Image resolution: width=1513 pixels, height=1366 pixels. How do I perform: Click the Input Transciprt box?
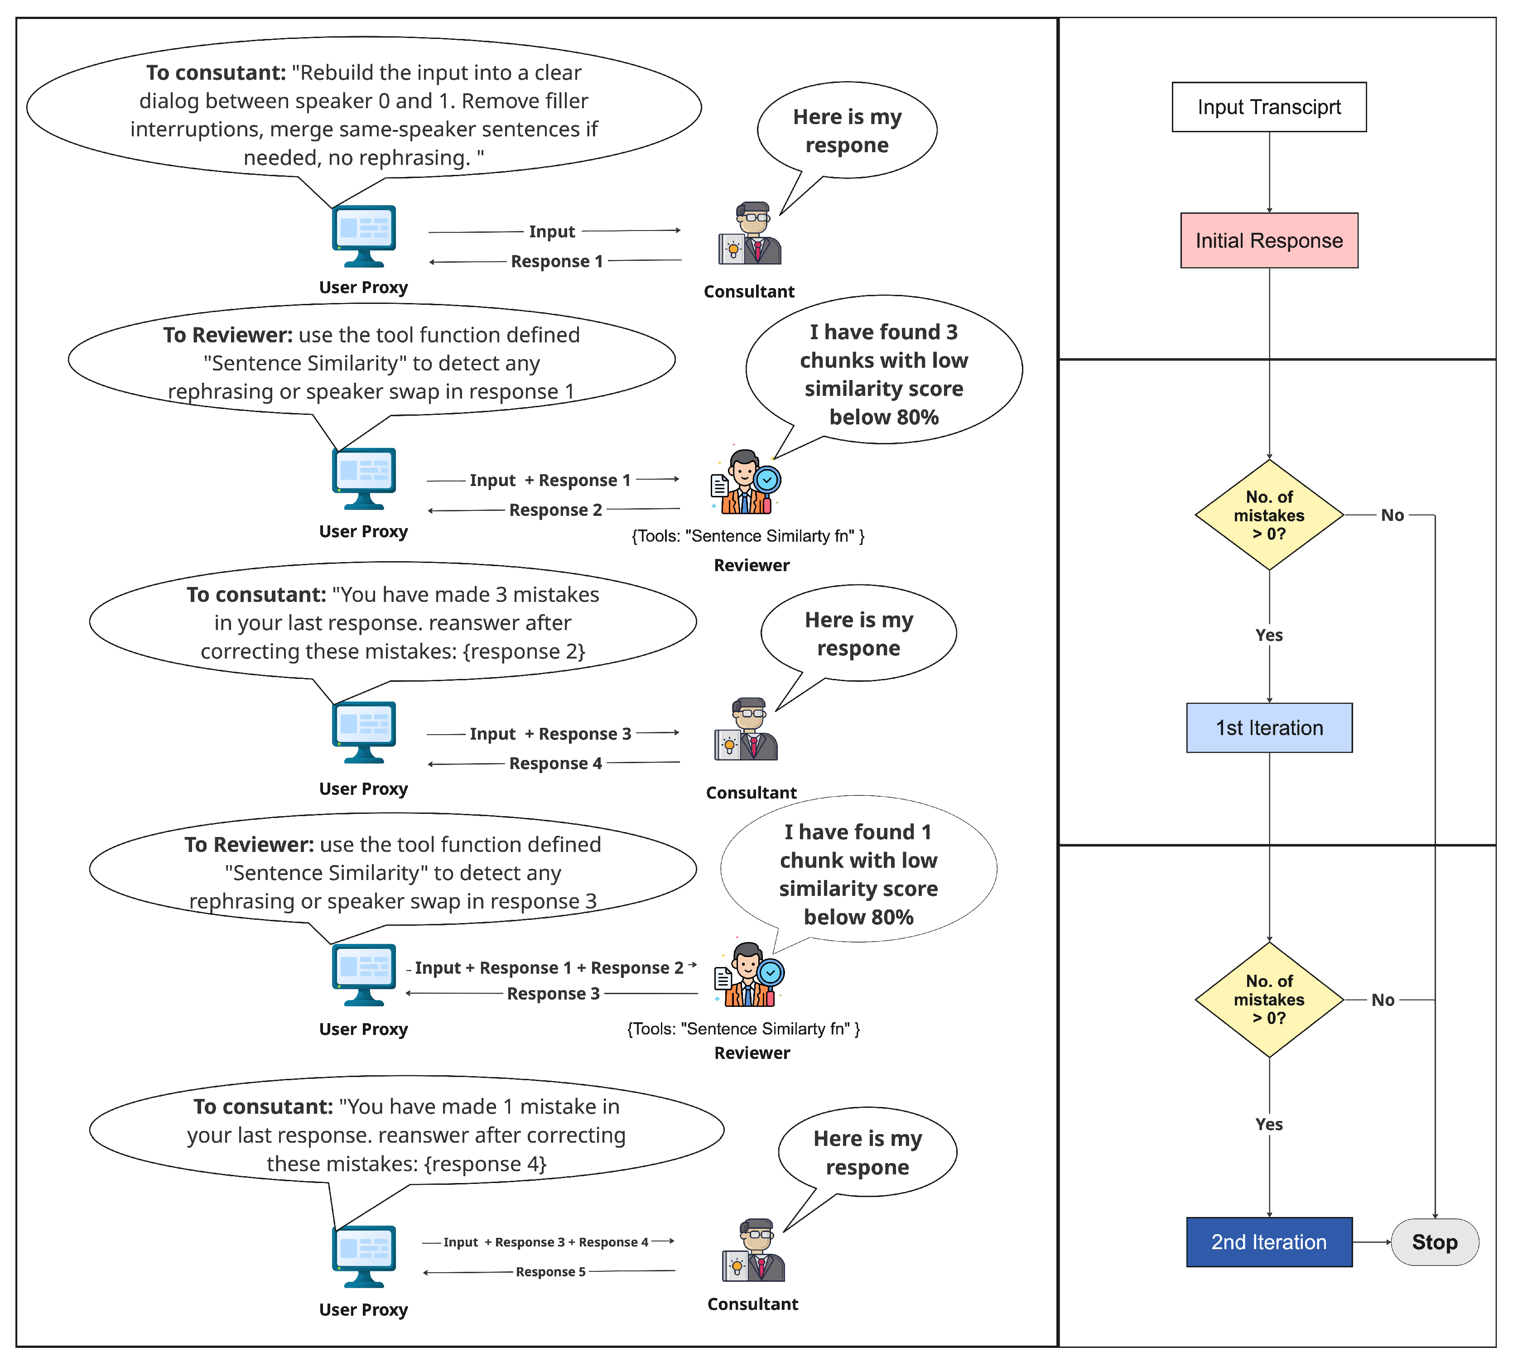[x=1269, y=107]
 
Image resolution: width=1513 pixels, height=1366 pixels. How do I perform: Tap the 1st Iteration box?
[x=1269, y=728]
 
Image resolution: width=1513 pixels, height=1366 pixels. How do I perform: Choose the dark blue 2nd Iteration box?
[x=1269, y=1242]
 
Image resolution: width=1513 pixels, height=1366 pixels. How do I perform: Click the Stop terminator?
[x=1434, y=1242]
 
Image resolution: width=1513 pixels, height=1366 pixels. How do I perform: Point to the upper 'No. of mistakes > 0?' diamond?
[x=1269, y=515]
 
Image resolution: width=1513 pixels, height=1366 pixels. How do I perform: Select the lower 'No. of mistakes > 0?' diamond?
[x=1269, y=1000]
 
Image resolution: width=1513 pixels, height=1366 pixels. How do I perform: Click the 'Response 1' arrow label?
[x=557, y=261]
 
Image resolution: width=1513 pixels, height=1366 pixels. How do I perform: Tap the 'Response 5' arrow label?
[x=550, y=1271]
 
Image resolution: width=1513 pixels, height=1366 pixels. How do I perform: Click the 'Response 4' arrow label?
[x=555, y=763]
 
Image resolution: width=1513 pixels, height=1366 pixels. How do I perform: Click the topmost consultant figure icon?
[x=751, y=234]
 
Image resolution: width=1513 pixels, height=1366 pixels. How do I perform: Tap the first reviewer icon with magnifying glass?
[x=745, y=483]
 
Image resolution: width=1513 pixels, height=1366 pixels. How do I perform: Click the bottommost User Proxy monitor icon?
[x=364, y=1255]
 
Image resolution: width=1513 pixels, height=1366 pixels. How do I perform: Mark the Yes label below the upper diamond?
[x=1269, y=635]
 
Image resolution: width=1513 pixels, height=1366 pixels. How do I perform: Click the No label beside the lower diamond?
[x=1383, y=1000]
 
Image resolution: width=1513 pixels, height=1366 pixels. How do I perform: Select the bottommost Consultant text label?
[x=752, y=1303]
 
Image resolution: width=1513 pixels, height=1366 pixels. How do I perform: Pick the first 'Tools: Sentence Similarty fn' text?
[x=748, y=536]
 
